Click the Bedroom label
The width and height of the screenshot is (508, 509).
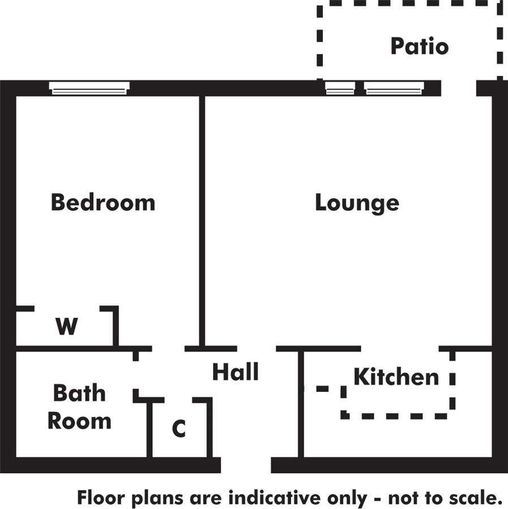coord(103,202)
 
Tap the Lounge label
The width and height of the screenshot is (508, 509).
coord(357,203)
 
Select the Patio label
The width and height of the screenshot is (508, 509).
coord(419,46)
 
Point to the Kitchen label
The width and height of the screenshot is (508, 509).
coord(396,377)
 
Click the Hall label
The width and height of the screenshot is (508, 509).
coord(235,372)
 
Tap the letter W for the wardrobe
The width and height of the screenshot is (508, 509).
coord(66,326)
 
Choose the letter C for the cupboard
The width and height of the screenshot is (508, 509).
coord(179,429)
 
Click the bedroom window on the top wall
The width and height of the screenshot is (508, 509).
coord(89,88)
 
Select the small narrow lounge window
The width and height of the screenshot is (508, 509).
coord(340,88)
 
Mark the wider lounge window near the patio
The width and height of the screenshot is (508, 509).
coord(394,88)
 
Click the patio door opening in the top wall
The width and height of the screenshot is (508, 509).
coord(459,88)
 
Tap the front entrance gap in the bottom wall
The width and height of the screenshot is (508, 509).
coord(246,465)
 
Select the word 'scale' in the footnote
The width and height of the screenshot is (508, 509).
coord(474,498)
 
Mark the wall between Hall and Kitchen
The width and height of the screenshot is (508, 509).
coord(301,404)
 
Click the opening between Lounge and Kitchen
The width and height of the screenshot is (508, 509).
coord(399,348)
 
